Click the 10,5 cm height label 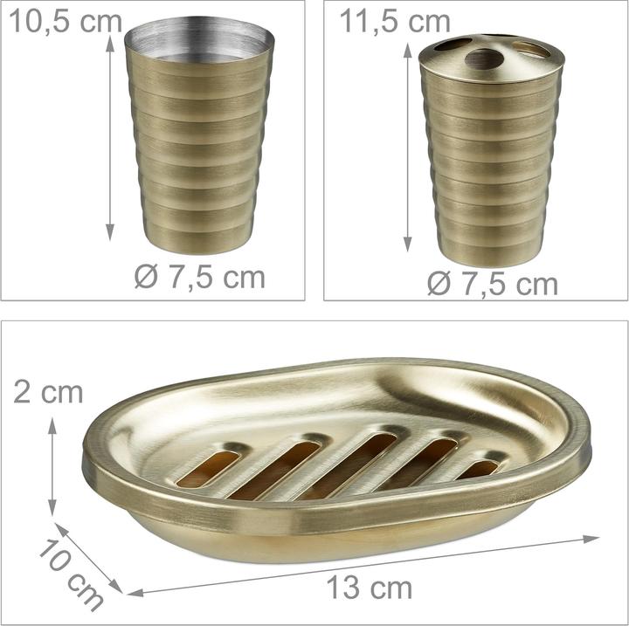tap(65, 22)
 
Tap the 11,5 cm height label tap(395, 22)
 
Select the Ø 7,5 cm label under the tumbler tap(200, 277)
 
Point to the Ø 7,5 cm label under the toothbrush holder tap(493, 284)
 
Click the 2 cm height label tap(48, 392)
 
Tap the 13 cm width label tap(370, 588)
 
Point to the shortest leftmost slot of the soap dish tap(208, 468)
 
